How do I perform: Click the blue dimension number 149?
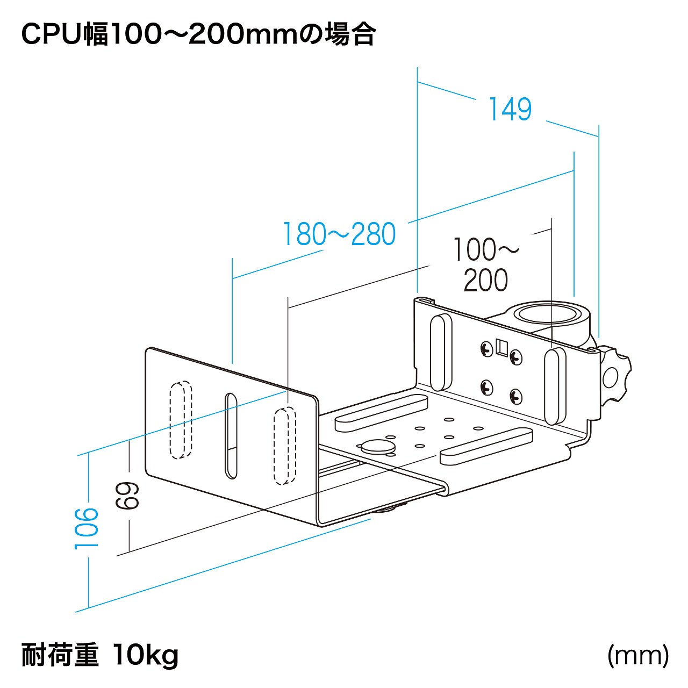pyautogui.click(x=510, y=110)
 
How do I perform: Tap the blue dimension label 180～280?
pyautogui.click(x=340, y=234)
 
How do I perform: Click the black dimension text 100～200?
pyautogui.click(x=486, y=265)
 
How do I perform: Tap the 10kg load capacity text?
pyautogui.click(x=146, y=655)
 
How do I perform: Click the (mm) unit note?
pyautogui.click(x=638, y=655)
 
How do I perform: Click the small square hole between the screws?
pyautogui.click(x=502, y=347)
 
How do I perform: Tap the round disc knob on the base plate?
pyautogui.click(x=377, y=446)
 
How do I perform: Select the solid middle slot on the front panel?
pyautogui.click(x=231, y=435)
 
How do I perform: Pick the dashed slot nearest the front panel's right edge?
pyautogui.click(x=285, y=446)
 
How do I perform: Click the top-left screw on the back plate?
pyautogui.click(x=486, y=349)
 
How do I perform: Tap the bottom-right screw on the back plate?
pyautogui.click(x=515, y=397)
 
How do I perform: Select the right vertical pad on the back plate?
pyautogui.click(x=555, y=385)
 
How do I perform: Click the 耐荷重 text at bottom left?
pyautogui.click(x=60, y=655)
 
